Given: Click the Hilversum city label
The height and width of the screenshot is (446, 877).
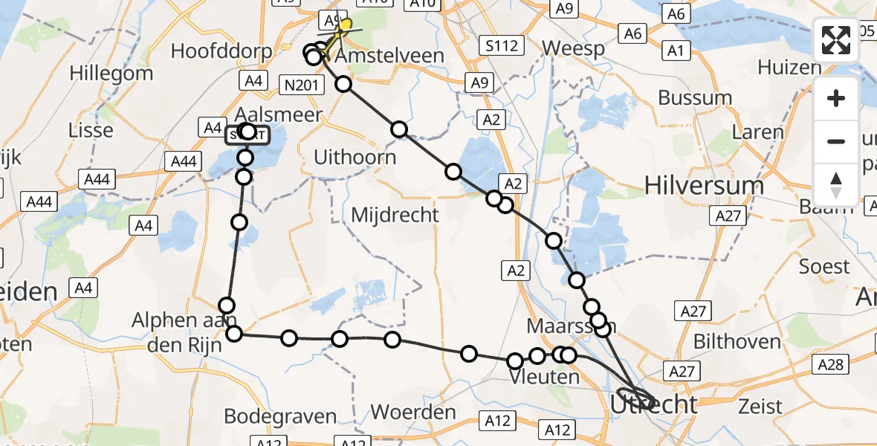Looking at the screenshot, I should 704,185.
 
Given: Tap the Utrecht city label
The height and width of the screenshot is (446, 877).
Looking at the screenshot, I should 654,405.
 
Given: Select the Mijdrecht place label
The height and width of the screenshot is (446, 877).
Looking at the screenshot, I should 395,216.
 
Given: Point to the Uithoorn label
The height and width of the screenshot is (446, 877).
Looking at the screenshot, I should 355,158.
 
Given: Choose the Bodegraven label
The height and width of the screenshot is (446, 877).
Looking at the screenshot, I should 280,416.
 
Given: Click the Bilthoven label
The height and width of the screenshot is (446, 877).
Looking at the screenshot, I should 737,342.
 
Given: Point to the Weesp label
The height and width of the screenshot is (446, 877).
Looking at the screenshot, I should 570,48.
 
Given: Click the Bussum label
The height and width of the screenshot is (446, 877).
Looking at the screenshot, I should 695,97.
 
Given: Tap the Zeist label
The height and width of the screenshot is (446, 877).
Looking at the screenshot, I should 761,407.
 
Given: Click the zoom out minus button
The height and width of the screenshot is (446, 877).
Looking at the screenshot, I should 836,141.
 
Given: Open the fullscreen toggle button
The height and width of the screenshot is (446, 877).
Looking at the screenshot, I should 836,40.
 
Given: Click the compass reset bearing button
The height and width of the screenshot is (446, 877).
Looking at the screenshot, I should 836,184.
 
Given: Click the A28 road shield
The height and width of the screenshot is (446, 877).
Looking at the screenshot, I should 830,363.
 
